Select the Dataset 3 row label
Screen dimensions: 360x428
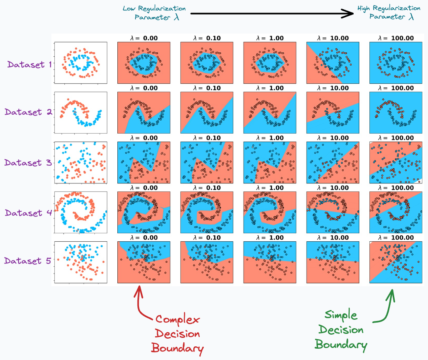tap(29, 163)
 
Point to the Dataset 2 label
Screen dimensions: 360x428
tap(29, 112)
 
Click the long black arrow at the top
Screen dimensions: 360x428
tap(271, 13)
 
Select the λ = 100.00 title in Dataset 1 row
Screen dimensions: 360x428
tap(395, 39)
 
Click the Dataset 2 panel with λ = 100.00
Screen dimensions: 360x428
tap(395, 112)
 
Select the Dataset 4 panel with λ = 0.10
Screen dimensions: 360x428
tap(207, 212)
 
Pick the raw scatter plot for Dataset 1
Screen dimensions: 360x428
tap(80, 63)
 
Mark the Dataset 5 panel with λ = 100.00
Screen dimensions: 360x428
tap(395, 262)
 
